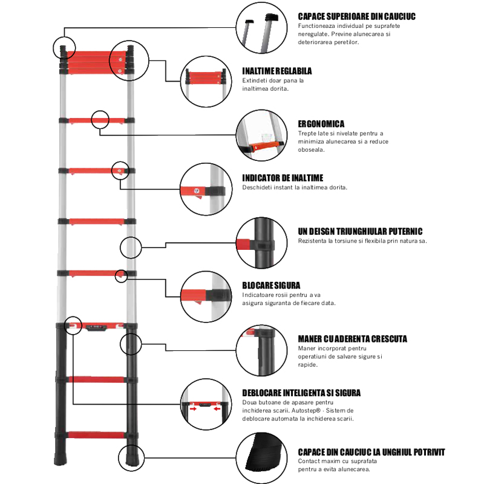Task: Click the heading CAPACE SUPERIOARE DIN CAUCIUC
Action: click(356, 16)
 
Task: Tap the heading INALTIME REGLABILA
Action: click(277, 70)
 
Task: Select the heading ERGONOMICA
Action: click(321, 123)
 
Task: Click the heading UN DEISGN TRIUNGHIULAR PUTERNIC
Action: click(360, 231)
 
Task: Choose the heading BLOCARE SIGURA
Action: click(271, 285)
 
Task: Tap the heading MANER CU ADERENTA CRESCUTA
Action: click(352, 339)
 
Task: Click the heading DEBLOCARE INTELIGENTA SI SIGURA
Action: click(301, 393)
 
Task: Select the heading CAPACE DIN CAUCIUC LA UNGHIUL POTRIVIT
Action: click(371, 452)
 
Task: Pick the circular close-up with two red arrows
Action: click(206, 404)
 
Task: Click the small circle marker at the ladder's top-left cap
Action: click(64, 47)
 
